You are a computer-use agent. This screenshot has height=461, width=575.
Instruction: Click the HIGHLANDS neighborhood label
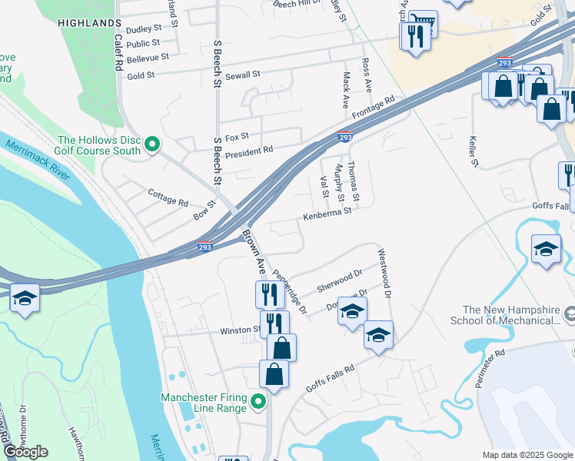click(x=89, y=24)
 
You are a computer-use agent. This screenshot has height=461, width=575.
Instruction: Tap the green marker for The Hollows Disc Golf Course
click(x=153, y=144)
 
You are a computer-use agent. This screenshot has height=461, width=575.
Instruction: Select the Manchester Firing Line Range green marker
click(x=259, y=402)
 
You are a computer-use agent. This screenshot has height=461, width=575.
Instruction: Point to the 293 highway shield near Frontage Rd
click(x=346, y=138)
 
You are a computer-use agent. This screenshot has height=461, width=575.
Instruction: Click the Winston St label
click(x=241, y=330)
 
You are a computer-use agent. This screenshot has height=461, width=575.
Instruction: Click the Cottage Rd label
click(x=168, y=197)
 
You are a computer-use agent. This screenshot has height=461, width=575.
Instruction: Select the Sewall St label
click(x=243, y=75)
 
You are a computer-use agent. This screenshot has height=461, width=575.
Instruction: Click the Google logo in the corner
click(x=26, y=452)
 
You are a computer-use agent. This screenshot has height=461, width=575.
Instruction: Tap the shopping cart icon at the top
click(x=422, y=23)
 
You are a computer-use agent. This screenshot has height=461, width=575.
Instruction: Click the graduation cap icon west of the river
click(x=25, y=298)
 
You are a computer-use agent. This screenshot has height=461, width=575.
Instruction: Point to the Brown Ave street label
click(x=254, y=252)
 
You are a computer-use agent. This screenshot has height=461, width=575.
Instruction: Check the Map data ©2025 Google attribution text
click(x=527, y=455)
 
